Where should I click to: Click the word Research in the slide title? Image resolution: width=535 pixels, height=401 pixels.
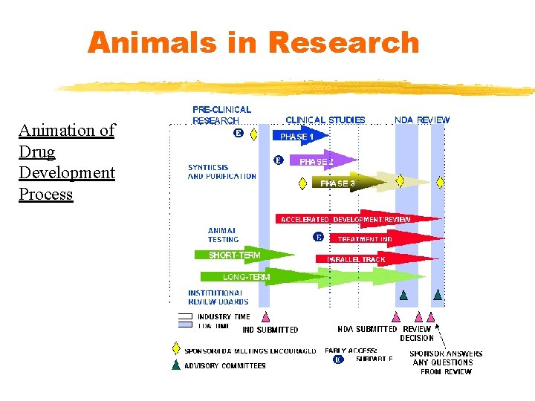coord(343,42)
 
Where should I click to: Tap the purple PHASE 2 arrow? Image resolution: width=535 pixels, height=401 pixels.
coord(320,161)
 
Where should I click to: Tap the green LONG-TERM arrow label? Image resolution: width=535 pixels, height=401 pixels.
coord(246,277)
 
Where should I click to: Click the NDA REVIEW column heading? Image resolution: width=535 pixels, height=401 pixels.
coord(421,120)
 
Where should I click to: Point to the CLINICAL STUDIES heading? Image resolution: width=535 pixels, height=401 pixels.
coord(325,120)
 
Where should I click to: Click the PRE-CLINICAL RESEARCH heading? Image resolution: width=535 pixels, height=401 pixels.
coord(221,114)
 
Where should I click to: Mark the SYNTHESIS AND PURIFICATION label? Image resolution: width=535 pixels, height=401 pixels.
coord(221,172)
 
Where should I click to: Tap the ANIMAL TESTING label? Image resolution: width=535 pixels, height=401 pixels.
coord(223,235)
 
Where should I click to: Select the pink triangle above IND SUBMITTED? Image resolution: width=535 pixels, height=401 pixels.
coord(266,316)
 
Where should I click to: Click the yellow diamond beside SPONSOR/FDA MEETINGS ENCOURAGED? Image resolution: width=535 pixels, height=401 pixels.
coord(176,349)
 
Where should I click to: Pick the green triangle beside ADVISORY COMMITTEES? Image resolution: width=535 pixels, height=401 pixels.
coord(176,365)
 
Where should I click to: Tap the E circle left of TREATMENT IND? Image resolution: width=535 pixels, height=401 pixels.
coord(318,238)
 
